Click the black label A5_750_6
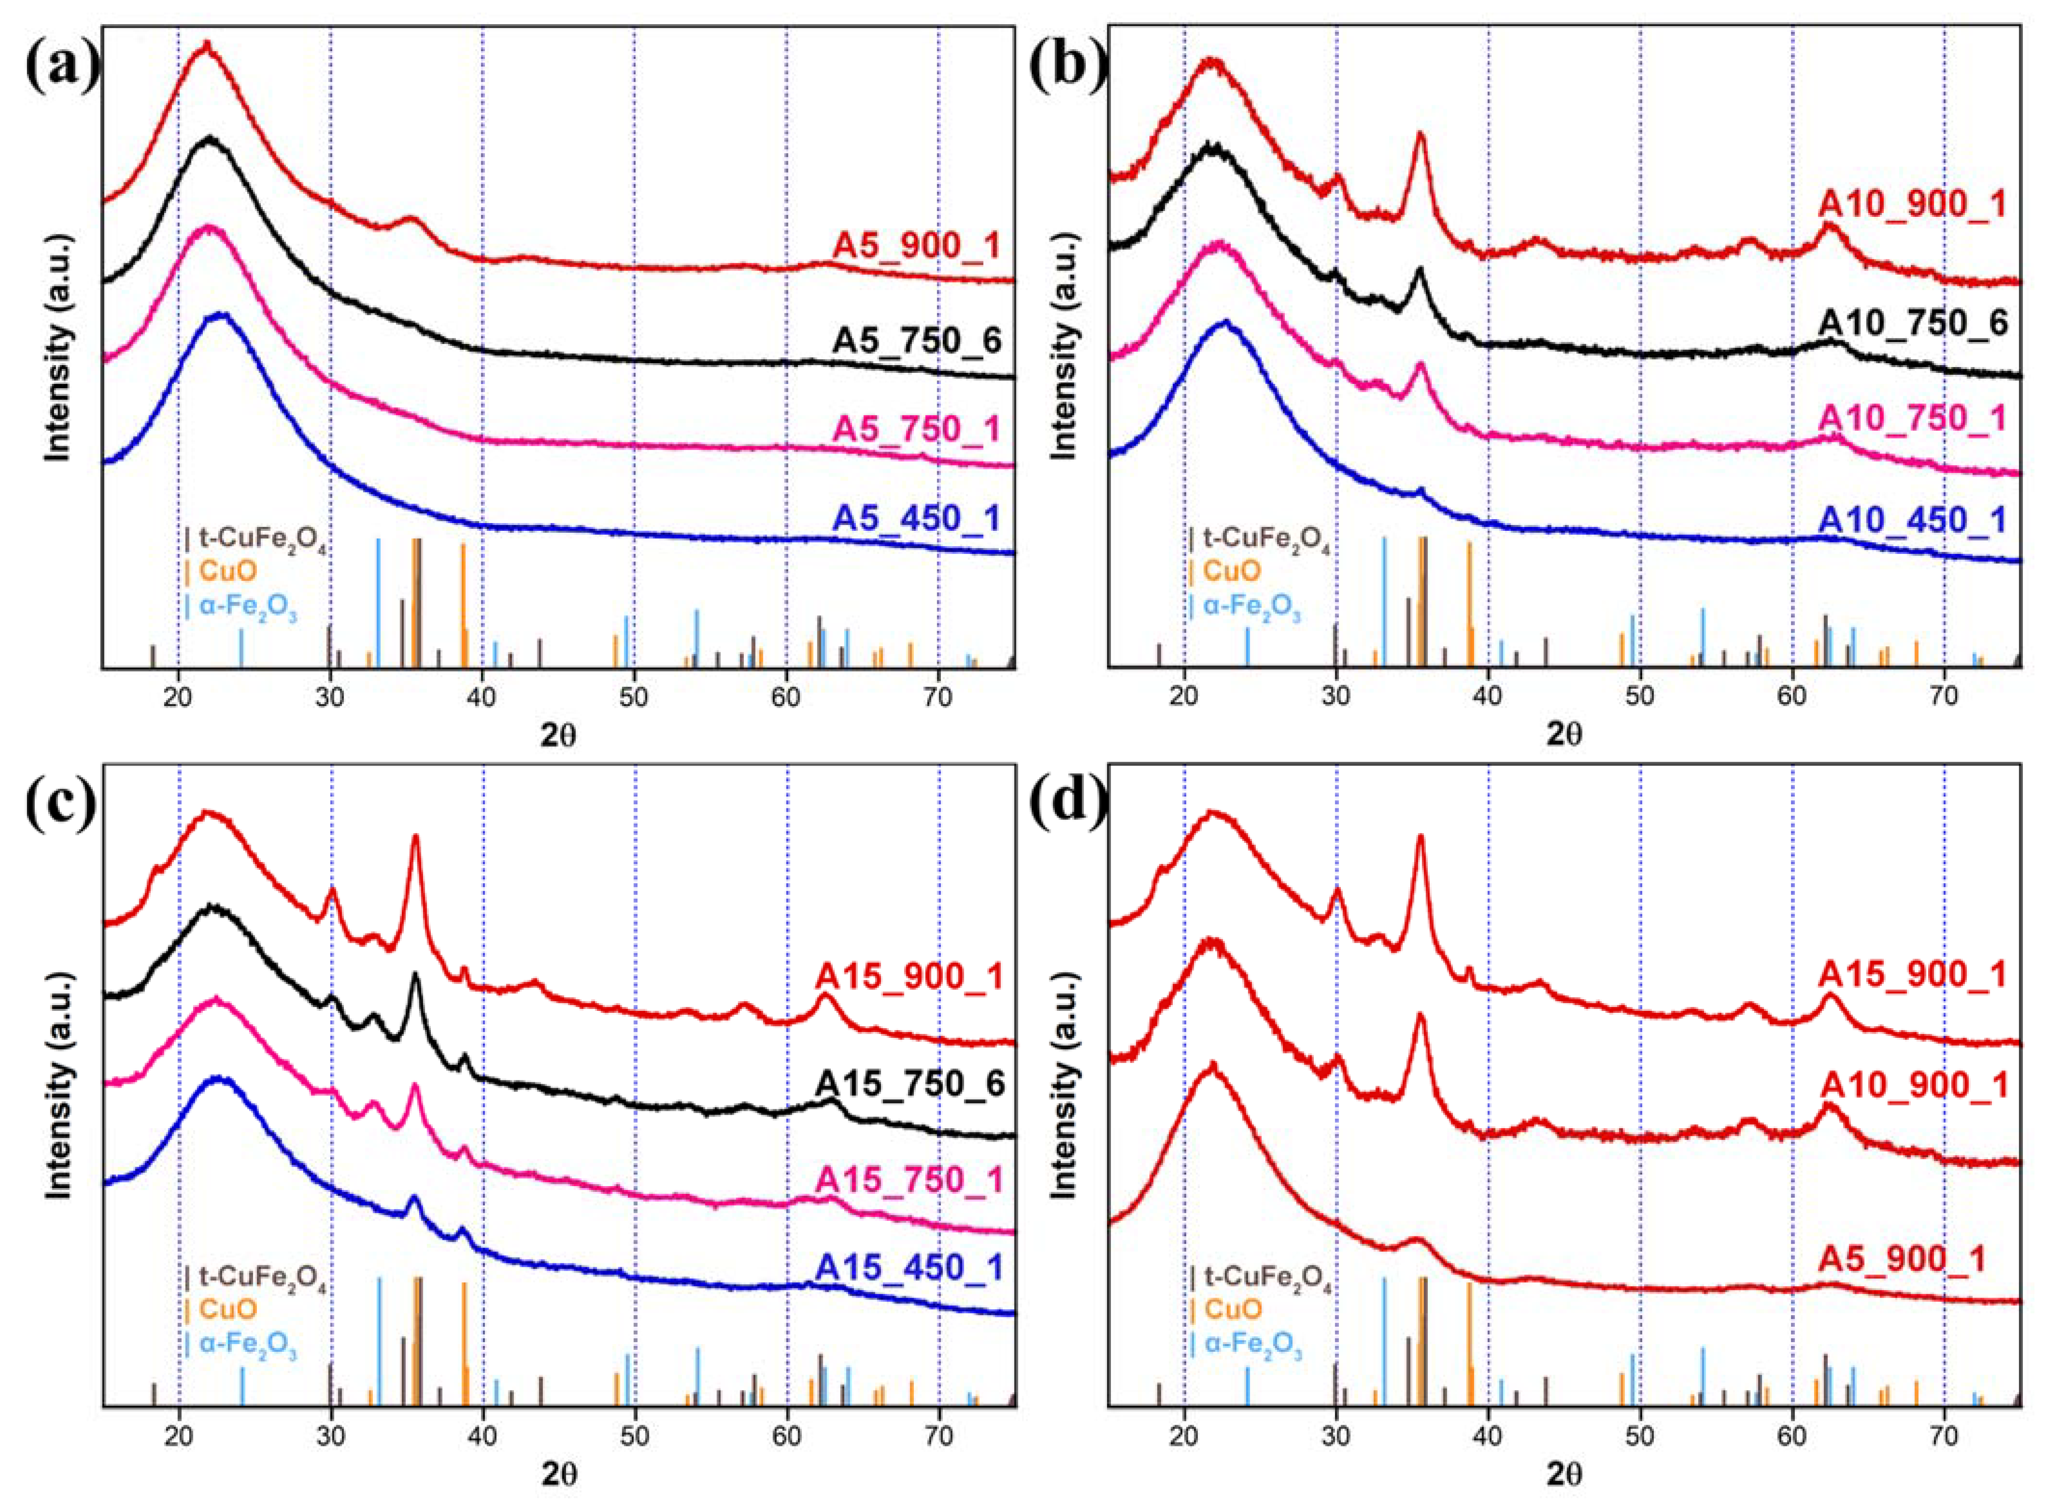916,340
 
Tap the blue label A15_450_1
910,1268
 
